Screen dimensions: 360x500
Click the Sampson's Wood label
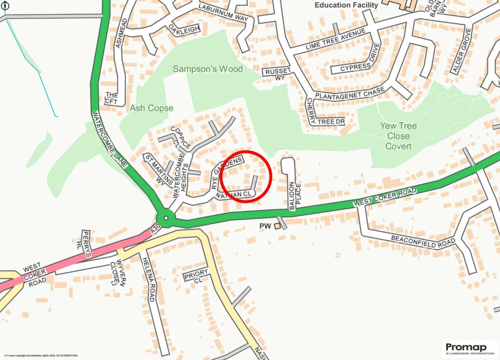[208, 69]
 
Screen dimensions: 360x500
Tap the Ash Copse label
[152, 108]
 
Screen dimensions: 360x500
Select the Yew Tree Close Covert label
[398, 136]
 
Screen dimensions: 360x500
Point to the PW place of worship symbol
[277, 226]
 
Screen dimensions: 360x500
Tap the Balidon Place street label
[292, 195]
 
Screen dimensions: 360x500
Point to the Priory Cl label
[196, 275]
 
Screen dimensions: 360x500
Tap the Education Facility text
[346, 5]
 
